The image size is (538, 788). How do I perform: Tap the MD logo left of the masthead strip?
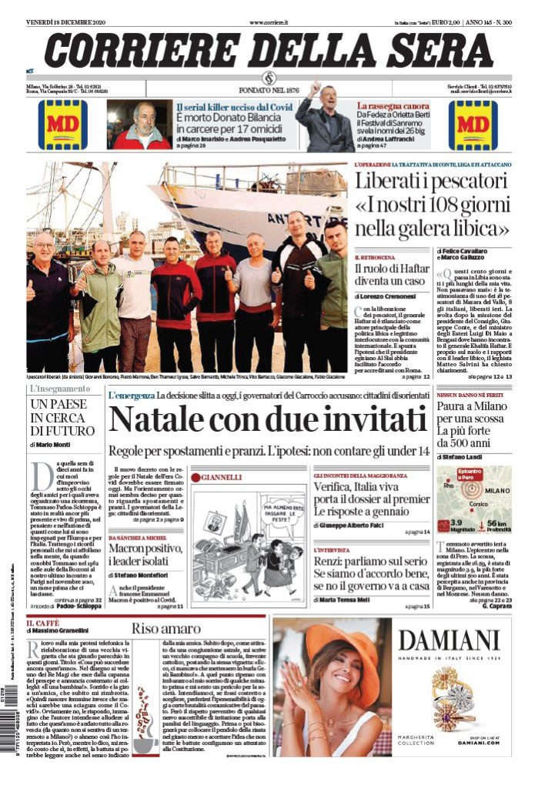tap(62, 124)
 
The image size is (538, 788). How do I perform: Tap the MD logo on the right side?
tap(473, 124)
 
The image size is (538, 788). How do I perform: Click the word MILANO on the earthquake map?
tap(497, 490)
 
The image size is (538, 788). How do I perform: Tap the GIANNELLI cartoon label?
tap(223, 477)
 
